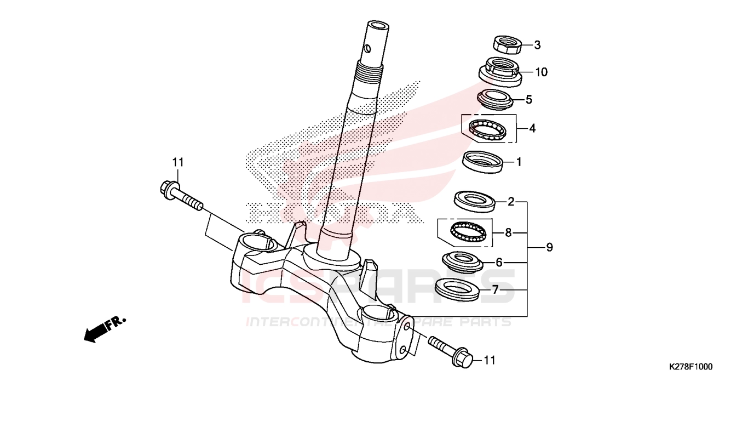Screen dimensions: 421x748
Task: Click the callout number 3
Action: point(537,45)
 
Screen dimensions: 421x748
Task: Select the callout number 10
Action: point(541,72)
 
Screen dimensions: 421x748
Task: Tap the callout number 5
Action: point(529,100)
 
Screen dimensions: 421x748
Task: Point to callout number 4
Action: point(532,128)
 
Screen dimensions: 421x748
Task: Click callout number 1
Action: point(519,162)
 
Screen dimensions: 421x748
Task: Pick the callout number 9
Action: point(549,248)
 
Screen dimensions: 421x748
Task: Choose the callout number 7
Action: point(495,289)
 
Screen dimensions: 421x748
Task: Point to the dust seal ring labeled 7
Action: point(458,289)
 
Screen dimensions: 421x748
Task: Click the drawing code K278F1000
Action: point(691,367)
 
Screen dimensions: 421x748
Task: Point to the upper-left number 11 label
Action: point(177,162)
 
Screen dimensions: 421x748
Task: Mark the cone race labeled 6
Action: point(463,260)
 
